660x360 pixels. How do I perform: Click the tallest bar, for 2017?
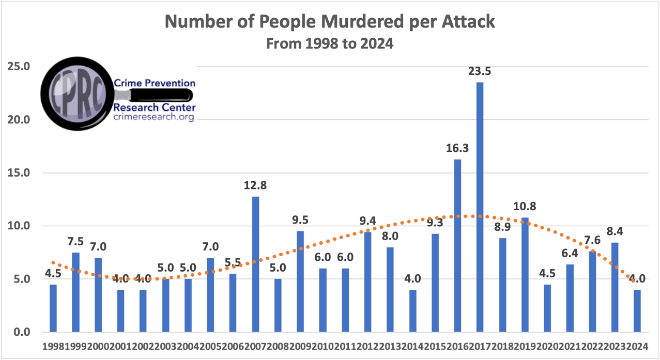point(480,207)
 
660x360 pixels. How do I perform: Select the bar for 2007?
point(255,264)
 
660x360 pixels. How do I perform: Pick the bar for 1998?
point(53,308)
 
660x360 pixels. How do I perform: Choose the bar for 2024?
point(637,310)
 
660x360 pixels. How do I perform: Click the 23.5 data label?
point(480,71)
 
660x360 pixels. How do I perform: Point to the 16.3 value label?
point(457,148)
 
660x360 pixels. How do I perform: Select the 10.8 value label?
point(525,207)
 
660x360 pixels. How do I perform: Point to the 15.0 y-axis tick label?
point(18,173)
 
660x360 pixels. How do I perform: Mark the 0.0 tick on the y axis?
point(21,332)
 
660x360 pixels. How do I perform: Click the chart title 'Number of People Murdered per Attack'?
point(330,22)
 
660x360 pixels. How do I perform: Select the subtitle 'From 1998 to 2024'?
point(330,44)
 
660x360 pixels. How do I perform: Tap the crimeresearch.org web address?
point(154,117)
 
